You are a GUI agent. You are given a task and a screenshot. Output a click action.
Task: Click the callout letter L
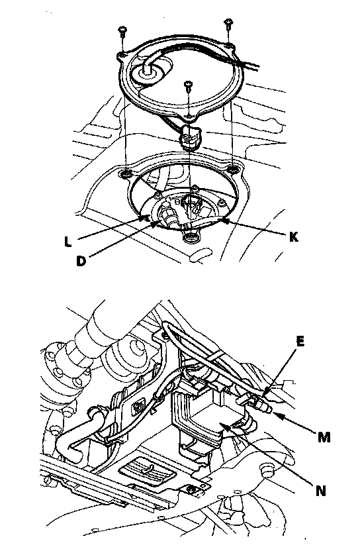68,242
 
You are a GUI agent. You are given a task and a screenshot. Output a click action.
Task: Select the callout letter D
81,261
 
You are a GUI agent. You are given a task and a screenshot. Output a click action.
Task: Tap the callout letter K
293,237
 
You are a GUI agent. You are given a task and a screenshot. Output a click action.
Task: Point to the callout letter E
300,341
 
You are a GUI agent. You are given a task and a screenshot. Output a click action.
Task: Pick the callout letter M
324,438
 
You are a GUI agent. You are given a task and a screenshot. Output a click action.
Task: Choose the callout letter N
321,491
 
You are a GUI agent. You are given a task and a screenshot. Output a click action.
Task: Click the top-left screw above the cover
122,32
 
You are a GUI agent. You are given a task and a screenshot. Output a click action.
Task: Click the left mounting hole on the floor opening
125,174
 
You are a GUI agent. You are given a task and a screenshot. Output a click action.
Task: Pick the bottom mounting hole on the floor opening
191,237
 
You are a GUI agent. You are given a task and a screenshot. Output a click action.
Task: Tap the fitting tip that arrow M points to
268,409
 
